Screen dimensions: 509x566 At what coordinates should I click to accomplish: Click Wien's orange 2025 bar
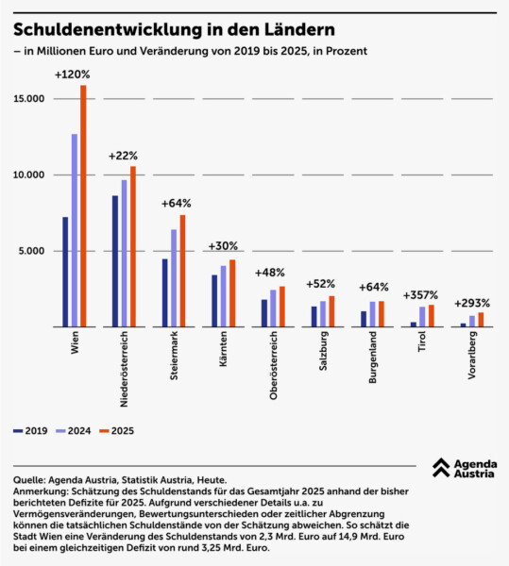tap(83, 206)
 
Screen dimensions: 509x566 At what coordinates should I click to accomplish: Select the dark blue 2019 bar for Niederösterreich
tap(115, 261)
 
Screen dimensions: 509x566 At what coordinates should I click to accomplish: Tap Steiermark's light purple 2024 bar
tap(174, 278)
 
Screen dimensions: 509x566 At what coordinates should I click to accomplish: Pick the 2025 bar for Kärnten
tap(232, 293)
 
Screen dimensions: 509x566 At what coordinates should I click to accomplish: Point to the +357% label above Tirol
tap(420, 295)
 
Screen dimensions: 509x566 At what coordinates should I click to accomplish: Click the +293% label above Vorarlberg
tap(472, 303)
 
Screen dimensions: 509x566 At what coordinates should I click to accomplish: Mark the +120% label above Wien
tap(73, 75)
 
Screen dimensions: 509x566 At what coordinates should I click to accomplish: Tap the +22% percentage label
tap(123, 156)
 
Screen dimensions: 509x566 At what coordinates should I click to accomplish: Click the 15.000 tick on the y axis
tap(29, 98)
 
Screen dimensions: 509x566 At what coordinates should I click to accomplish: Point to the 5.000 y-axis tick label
tap(31, 251)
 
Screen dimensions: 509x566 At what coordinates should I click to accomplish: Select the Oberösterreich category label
tap(274, 365)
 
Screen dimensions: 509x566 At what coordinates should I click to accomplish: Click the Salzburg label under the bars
tap(323, 351)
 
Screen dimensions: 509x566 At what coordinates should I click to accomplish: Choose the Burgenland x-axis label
tap(372, 357)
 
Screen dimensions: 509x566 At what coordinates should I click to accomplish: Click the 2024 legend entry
tap(74, 431)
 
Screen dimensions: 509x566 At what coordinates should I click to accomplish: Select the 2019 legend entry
tap(30, 431)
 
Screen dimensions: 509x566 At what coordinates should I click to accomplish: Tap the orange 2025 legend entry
tap(117, 431)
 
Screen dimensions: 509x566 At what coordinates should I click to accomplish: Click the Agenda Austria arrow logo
tap(441, 468)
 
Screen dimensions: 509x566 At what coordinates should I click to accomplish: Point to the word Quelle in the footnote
tap(29, 480)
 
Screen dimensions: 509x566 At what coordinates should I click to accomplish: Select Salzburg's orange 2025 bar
tap(331, 311)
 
